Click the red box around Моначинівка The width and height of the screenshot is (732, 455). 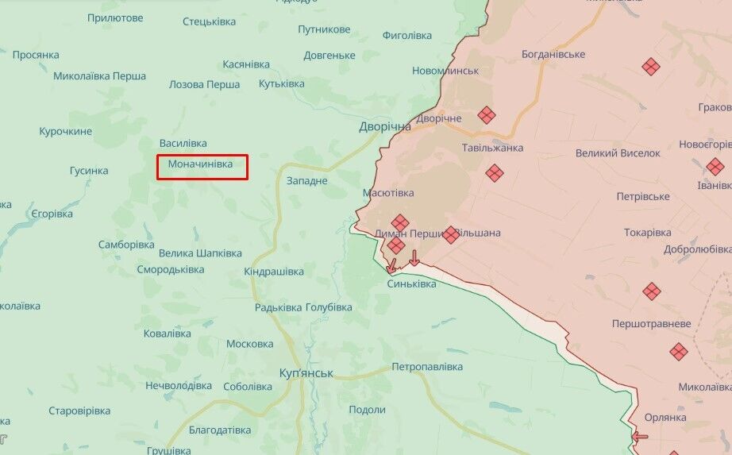tap(202, 167)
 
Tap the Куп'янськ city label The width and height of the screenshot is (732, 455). tap(306, 372)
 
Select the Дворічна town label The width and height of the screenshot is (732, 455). tap(385, 127)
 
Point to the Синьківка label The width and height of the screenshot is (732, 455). tap(411, 283)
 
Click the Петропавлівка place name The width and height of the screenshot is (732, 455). tap(426, 367)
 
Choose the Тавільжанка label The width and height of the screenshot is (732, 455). tap(492, 148)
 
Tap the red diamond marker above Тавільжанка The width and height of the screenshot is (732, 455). tap(487, 116)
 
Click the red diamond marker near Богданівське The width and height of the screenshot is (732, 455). tap(651, 67)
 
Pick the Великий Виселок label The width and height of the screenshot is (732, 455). tap(618, 153)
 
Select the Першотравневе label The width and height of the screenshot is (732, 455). tap(651, 324)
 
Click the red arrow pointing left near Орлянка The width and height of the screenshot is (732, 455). tap(640, 436)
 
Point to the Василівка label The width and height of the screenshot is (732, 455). tap(183, 144)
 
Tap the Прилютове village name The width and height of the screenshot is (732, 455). tap(115, 17)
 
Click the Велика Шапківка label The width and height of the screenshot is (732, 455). tap(200, 253)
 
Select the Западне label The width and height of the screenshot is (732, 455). tap(306, 181)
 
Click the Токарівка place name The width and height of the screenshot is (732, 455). tap(647, 233)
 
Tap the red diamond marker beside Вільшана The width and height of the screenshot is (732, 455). tap(451, 234)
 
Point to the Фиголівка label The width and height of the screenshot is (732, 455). tap(407, 36)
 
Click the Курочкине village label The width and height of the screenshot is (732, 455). tap(66, 131)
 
